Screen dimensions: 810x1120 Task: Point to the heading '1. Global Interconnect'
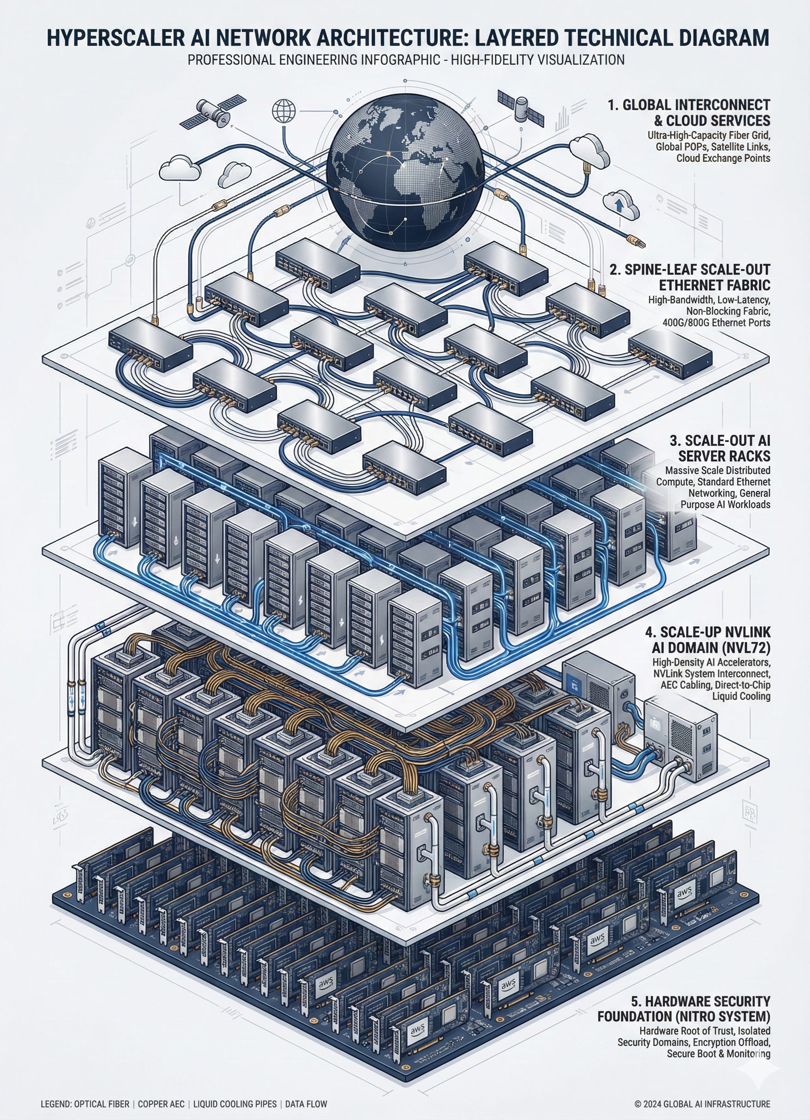[x=688, y=105]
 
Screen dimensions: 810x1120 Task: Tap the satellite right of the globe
[x=521, y=108]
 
